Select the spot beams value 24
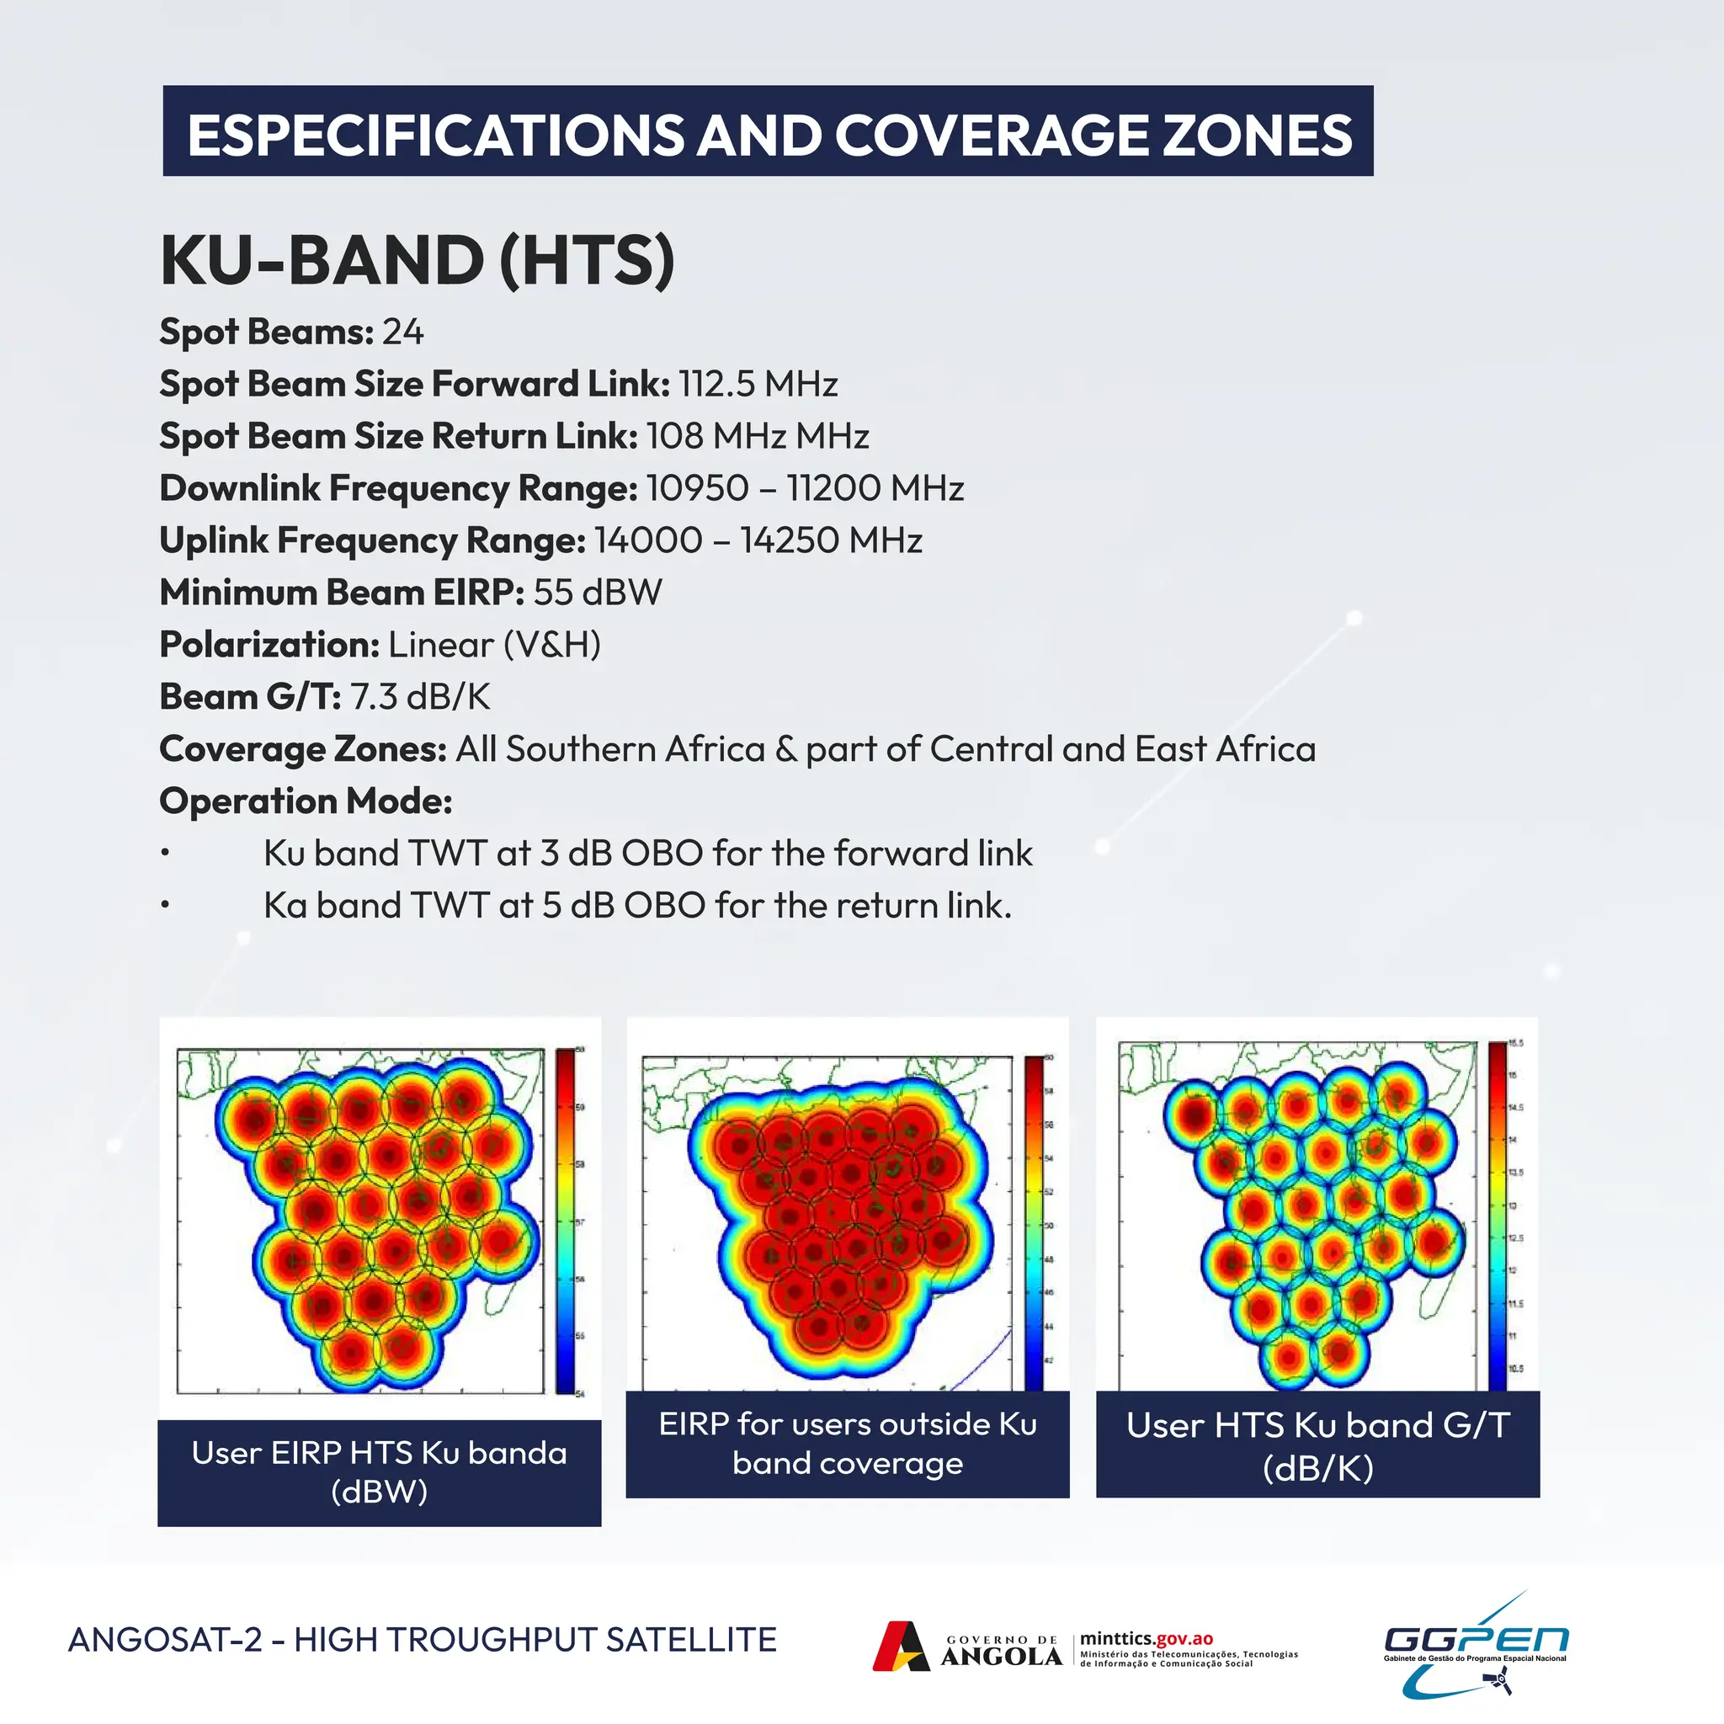[x=402, y=332]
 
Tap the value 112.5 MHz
[x=758, y=385]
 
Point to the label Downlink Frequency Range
[x=398, y=489]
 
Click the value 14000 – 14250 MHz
[x=758, y=540]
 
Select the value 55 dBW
[x=598, y=593]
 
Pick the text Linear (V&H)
[x=494, y=645]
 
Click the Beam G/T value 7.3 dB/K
[x=419, y=697]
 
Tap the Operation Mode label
[x=306, y=801]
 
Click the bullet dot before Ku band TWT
[x=165, y=854]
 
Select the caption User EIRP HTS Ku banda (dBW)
[x=380, y=1472]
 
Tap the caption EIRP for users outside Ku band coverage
[x=848, y=1444]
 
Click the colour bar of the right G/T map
[x=1497, y=1216]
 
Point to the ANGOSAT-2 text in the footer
[x=164, y=1640]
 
